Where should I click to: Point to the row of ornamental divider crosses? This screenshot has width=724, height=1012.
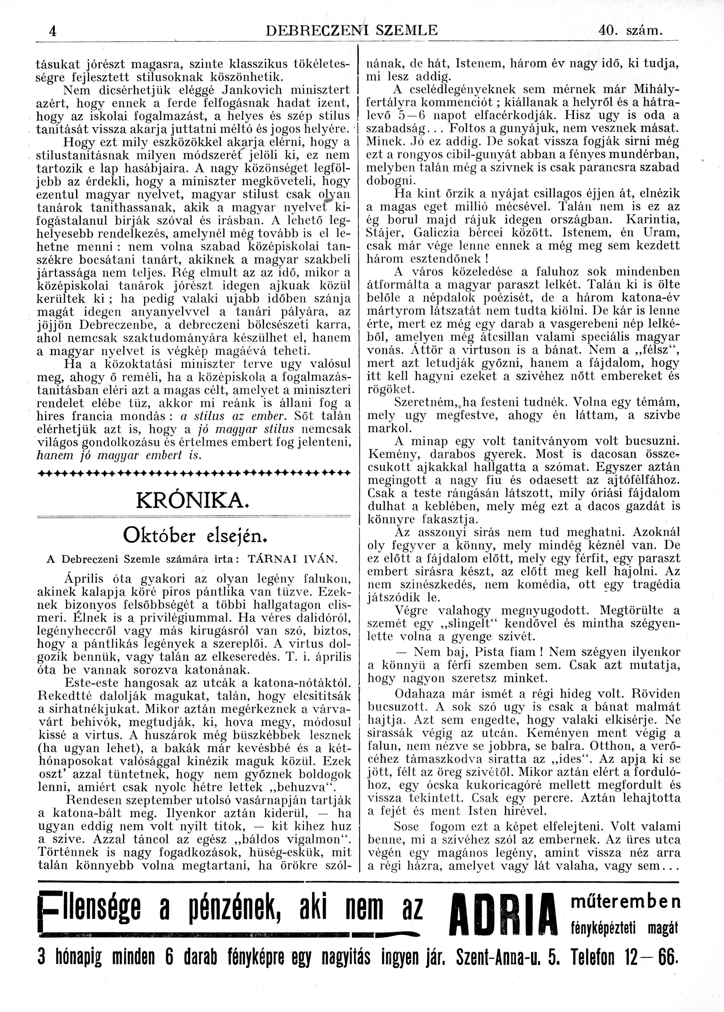[194, 472]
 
